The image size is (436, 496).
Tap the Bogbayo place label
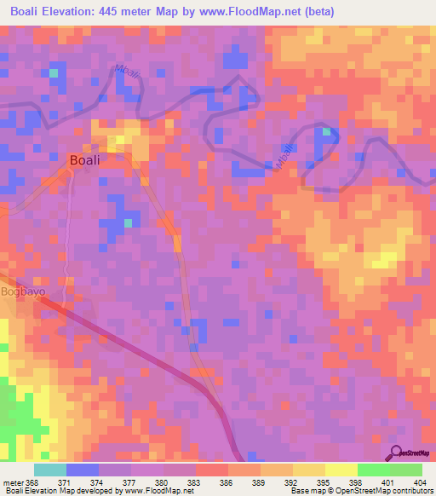[x=22, y=291]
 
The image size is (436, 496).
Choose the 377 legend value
[x=130, y=482]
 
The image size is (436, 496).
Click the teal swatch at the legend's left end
[x=49, y=470]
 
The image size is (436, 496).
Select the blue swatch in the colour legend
[x=82, y=470]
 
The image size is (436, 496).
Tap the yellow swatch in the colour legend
[x=341, y=470]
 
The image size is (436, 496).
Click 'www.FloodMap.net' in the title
[x=247, y=12]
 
